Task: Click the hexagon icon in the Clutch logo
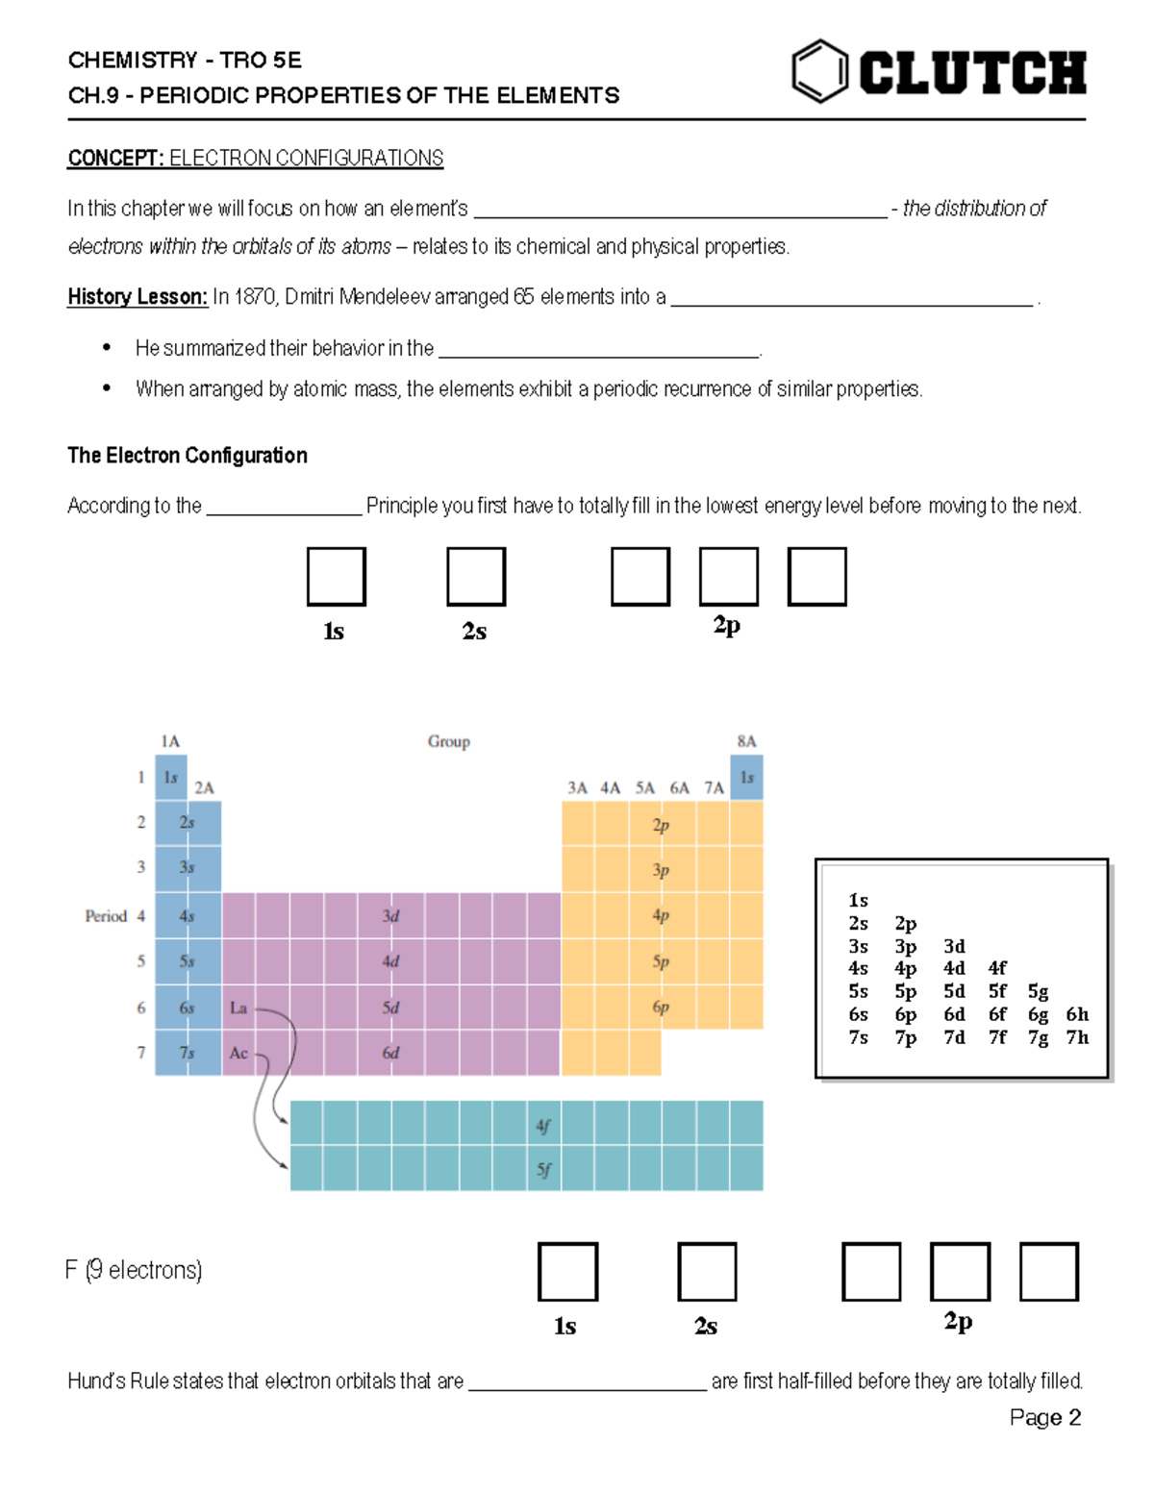coord(819,71)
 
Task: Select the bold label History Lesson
coord(137,297)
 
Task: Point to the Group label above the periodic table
coord(448,741)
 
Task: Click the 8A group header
coord(746,741)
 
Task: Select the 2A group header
coord(204,788)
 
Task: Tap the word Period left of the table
coord(106,916)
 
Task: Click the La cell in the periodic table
coord(238,1008)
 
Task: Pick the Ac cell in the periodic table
coord(238,1053)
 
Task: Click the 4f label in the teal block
coord(543,1125)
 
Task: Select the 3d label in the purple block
coord(390,916)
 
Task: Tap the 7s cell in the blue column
coord(187,1053)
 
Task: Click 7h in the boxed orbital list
coord(1077,1037)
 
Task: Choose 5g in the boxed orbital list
coord(1038,991)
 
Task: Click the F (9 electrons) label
coord(134,1270)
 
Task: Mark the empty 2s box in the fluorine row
coord(707,1272)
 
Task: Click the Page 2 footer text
coord(1044,1418)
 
